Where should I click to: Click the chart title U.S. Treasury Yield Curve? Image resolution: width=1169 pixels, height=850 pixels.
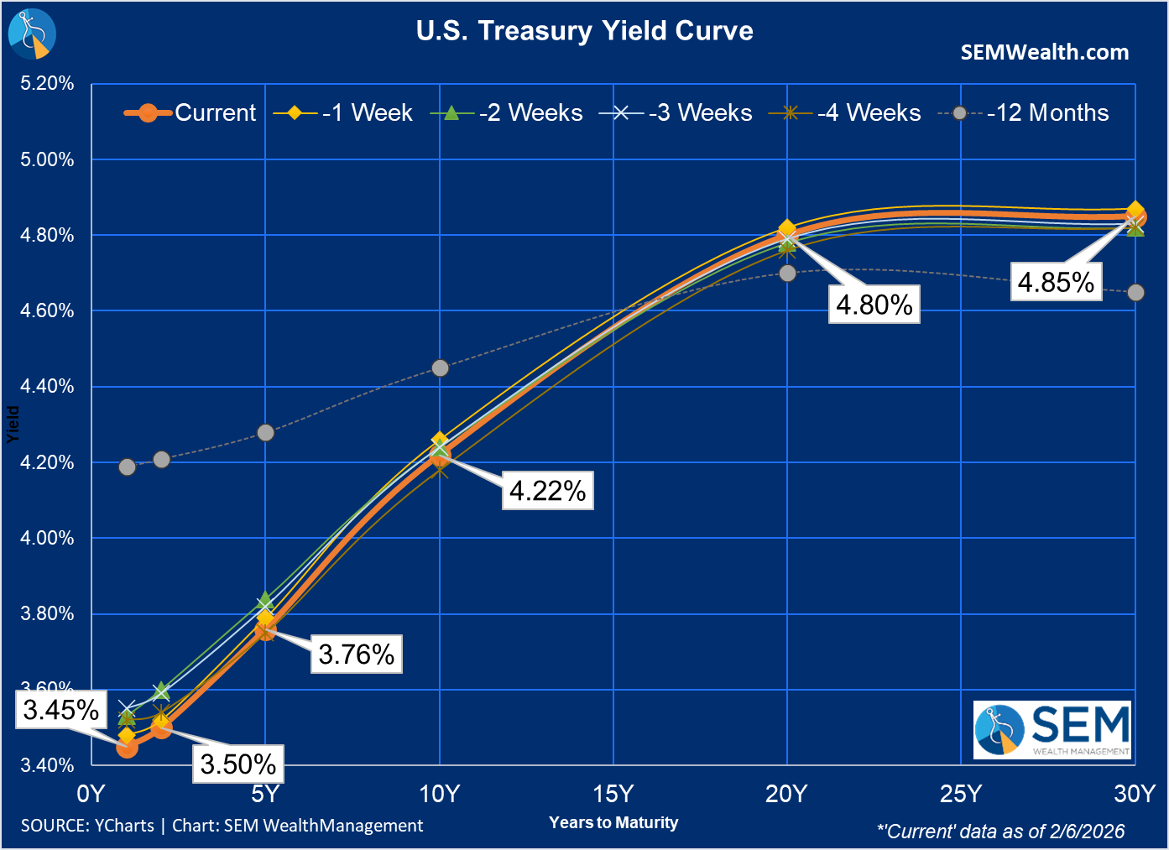(584, 31)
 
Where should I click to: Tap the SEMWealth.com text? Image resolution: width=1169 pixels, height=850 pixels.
(1044, 52)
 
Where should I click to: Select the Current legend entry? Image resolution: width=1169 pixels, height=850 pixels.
(190, 112)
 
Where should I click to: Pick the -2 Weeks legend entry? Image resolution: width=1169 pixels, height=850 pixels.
(507, 112)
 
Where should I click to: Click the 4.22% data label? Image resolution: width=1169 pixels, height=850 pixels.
(548, 490)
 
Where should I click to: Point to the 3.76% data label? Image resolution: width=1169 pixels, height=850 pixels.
(357, 654)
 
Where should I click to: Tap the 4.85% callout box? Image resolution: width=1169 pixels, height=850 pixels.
(1056, 282)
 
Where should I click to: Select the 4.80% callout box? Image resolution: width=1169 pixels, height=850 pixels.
(874, 304)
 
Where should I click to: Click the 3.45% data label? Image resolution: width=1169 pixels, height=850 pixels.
(61, 710)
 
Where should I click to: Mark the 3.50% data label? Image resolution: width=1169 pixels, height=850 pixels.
(238, 764)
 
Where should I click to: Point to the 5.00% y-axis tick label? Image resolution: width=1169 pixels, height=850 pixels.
(47, 159)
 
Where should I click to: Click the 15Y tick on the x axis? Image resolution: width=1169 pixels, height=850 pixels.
(613, 794)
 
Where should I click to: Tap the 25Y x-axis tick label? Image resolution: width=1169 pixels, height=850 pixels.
(961, 794)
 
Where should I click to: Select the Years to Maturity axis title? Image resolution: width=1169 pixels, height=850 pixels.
(613, 822)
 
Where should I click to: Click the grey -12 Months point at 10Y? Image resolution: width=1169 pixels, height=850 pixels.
(440, 368)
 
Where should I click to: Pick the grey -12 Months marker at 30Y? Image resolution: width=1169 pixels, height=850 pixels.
(1135, 293)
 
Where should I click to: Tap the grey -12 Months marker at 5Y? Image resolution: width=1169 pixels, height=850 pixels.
(265, 433)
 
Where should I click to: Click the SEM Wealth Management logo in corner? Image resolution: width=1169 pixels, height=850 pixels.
(1052, 730)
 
